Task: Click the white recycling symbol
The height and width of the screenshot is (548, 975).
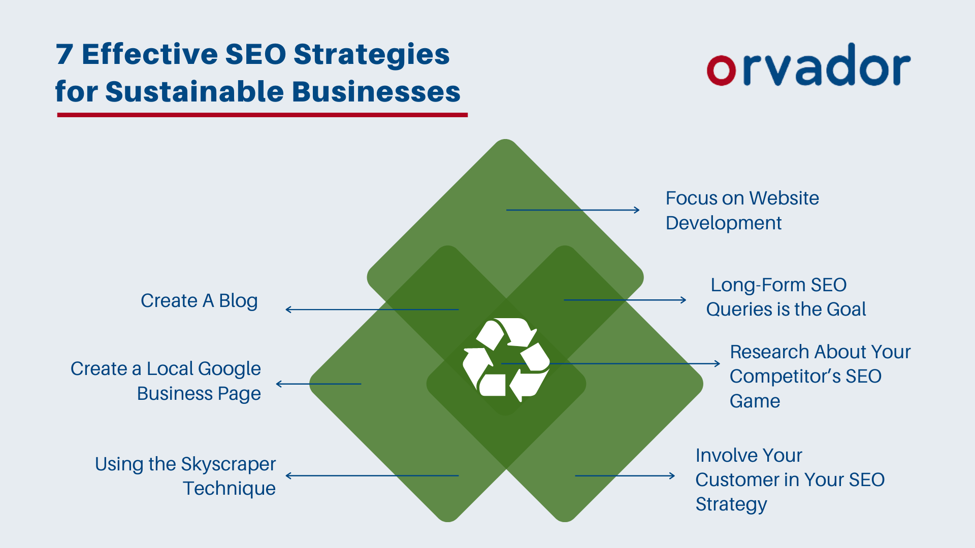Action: [506, 359]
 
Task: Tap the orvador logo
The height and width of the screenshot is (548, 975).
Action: [808, 66]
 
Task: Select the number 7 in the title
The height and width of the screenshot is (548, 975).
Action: [64, 54]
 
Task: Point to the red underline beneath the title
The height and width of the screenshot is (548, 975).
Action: [262, 115]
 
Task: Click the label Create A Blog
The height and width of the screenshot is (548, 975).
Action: [199, 301]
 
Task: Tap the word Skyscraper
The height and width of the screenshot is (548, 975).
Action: [228, 464]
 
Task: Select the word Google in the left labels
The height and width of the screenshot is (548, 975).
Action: [230, 369]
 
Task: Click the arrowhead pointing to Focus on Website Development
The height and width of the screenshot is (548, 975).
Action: [637, 210]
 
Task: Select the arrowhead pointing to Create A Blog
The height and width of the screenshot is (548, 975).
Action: [288, 310]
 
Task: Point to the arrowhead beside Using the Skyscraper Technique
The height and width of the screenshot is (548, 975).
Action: [289, 476]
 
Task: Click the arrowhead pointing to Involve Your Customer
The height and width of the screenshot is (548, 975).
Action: [672, 476]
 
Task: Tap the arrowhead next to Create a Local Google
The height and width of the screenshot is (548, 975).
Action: [279, 384]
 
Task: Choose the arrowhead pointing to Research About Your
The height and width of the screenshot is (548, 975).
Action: [718, 364]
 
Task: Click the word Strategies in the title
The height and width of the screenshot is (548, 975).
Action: [371, 54]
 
